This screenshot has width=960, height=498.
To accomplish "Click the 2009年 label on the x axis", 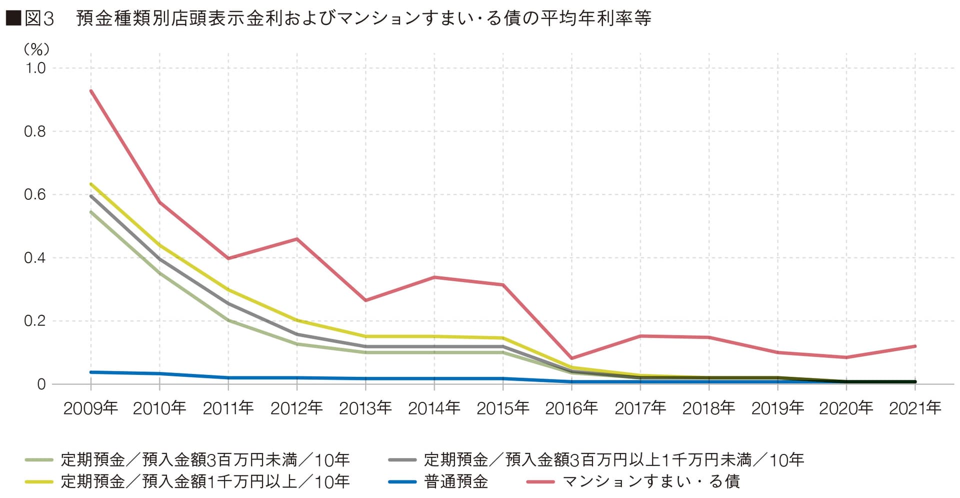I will (90, 408).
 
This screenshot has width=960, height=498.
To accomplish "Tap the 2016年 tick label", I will (571, 408).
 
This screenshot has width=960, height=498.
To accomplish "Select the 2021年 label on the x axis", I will (915, 408).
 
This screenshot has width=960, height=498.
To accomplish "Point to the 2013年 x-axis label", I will (365, 408).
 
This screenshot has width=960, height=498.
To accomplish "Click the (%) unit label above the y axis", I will (36, 49).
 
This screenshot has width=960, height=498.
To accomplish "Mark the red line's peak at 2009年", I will (91, 91).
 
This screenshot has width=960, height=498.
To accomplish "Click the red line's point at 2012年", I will (297, 239).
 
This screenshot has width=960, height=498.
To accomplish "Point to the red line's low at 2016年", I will (571, 358).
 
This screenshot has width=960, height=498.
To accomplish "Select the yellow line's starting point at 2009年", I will (91, 184).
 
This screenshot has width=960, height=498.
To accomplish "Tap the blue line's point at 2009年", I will (91, 372).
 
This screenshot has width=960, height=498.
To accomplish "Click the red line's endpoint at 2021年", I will (915, 346).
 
